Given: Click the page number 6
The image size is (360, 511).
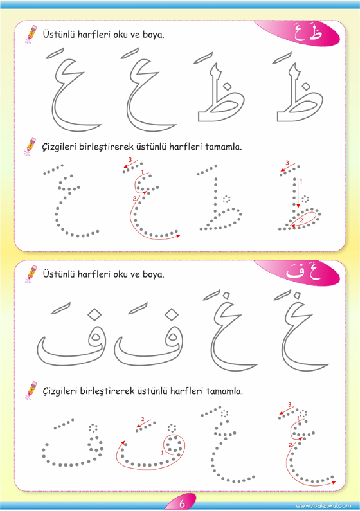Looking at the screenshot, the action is click(x=182, y=503).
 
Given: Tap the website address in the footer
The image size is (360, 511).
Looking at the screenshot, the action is click(x=323, y=505).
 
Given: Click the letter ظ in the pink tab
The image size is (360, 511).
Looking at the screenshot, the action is click(x=316, y=33).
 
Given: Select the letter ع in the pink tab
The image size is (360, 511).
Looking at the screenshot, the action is click(x=299, y=34).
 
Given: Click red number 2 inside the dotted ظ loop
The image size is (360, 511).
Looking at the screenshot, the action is click(x=301, y=220).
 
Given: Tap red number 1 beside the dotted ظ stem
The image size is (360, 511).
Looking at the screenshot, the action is click(x=301, y=181).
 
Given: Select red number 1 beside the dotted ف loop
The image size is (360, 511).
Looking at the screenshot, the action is click(x=162, y=453).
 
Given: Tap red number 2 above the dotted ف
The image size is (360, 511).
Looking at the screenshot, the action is click(x=143, y=419).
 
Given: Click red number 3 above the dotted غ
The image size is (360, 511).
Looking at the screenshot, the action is click(x=290, y=405).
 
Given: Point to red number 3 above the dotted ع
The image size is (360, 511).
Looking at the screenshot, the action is click(x=130, y=159).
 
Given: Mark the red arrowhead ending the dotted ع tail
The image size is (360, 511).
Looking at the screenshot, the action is click(x=178, y=235).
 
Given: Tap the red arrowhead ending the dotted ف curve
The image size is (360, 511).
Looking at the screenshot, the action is click(x=123, y=443).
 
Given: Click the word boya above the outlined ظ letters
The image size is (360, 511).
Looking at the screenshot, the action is click(x=153, y=35).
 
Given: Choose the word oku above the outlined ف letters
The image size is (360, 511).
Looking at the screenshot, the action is click(x=122, y=274).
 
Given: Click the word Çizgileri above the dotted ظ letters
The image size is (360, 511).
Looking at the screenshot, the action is click(x=59, y=147).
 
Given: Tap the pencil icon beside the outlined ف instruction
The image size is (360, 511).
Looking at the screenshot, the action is click(x=32, y=273).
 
